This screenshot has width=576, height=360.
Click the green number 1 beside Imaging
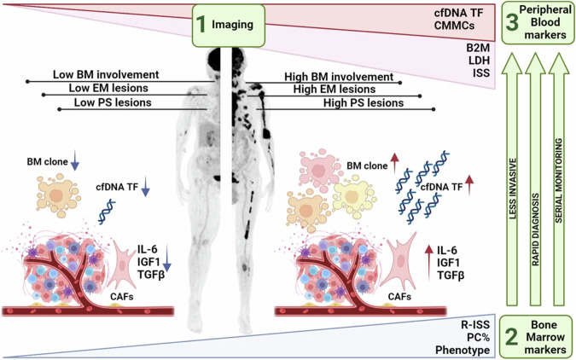[x=201, y=27]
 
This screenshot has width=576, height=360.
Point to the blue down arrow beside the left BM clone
[x=74, y=160]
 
